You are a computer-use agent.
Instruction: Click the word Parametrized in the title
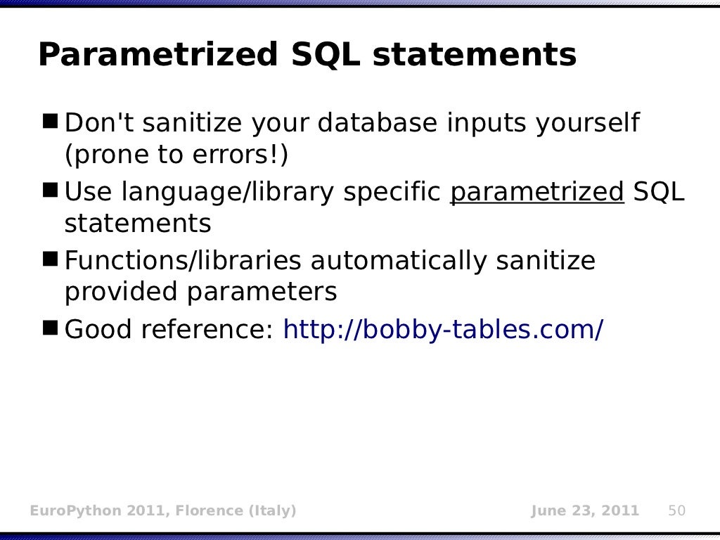pos(157,55)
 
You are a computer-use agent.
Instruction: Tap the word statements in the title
pos(474,55)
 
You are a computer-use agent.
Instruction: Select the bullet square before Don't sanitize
pos(51,122)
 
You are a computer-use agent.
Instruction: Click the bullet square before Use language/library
pos(51,191)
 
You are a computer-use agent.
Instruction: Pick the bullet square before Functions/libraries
pos(51,259)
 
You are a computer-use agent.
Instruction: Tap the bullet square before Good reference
pos(51,328)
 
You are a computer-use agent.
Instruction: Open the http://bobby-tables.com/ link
pos(442,328)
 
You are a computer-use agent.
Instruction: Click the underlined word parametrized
pos(536,191)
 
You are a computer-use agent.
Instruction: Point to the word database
pos(378,123)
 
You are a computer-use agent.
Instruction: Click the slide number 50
pos(676,510)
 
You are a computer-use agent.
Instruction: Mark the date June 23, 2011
pos(585,510)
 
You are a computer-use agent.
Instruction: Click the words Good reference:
pos(169,328)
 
